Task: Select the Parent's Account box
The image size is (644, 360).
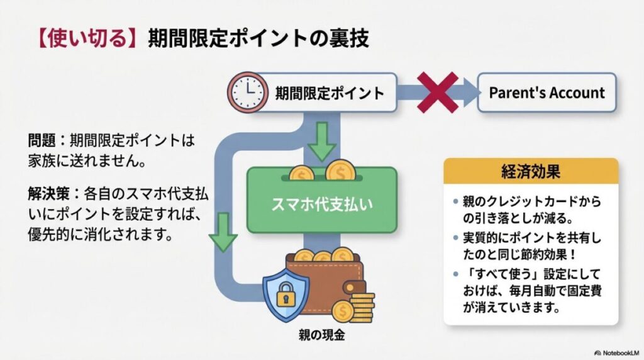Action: tap(547, 93)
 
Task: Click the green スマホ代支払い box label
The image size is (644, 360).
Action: tap(321, 205)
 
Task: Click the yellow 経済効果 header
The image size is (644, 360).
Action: tap(531, 171)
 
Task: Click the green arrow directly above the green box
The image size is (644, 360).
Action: tap(323, 142)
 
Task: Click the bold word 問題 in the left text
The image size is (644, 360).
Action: tap(42, 141)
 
